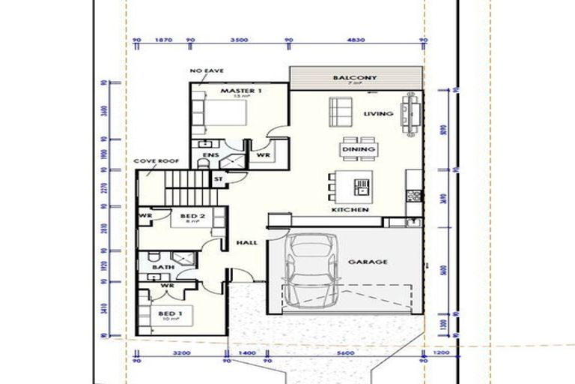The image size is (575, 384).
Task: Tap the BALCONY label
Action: tap(356, 77)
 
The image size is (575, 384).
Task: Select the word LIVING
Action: tap(378, 114)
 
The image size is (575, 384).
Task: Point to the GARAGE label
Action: tap(368, 262)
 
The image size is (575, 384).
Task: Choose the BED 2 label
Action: tap(192, 214)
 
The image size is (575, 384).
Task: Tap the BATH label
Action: tap(162, 266)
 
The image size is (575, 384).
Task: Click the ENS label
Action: tap(210, 157)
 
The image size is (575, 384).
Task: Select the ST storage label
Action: tap(219, 179)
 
